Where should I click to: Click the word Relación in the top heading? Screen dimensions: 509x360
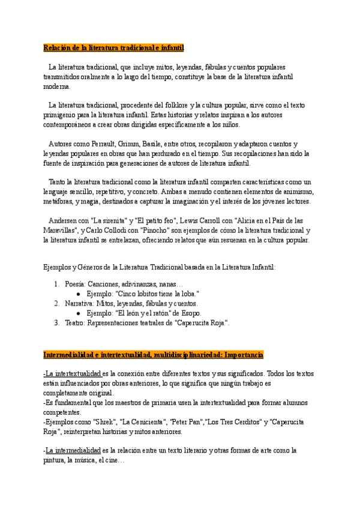57,47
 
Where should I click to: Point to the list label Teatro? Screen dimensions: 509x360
75,322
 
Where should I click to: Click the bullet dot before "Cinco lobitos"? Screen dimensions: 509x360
79,294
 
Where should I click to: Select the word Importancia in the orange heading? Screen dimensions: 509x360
233,356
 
